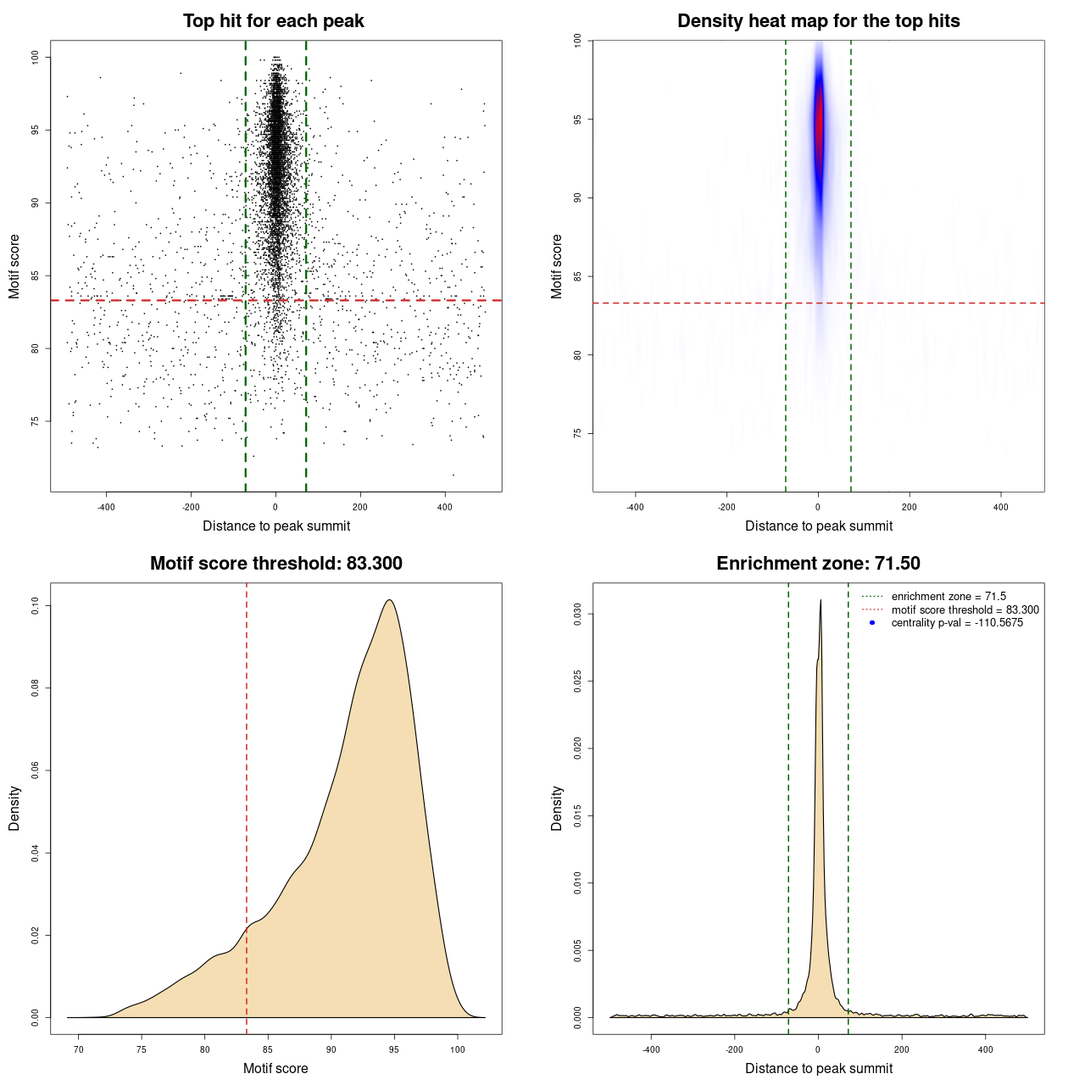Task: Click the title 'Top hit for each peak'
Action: pyautogui.click(x=273, y=21)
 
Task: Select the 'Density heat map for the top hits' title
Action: pyautogui.click(x=818, y=21)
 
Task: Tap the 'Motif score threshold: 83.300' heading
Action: pyautogui.click(x=275, y=564)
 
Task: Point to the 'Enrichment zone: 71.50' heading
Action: pyautogui.click(x=818, y=564)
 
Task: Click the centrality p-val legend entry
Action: pyautogui.click(x=957, y=623)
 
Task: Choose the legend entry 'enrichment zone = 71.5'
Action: pyautogui.click(x=949, y=597)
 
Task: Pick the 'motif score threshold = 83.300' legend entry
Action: pyautogui.click(x=965, y=610)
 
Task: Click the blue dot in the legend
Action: pyautogui.click(x=872, y=623)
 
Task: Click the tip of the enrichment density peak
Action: pyautogui.click(x=821, y=601)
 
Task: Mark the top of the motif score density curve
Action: pyautogui.click(x=389, y=600)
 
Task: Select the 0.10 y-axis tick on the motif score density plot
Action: pyautogui.click(x=35, y=606)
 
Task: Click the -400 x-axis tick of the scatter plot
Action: pyautogui.click(x=106, y=507)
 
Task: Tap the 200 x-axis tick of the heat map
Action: pyautogui.click(x=910, y=507)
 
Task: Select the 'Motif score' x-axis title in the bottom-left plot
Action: pyautogui.click(x=275, y=1068)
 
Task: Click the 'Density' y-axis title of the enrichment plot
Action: pyautogui.click(x=557, y=808)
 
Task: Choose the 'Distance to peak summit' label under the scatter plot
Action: pyautogui.click(x=276, y=526)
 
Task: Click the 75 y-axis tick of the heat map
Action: pyautogui.click(x=577, y=433)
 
